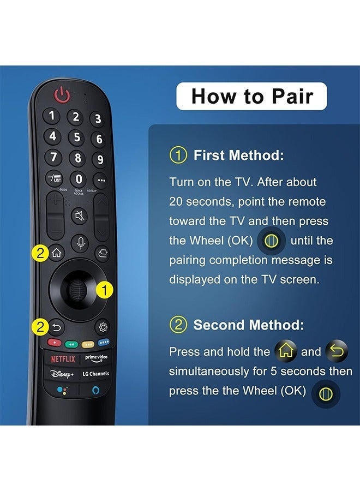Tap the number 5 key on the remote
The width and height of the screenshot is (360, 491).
pyautogui.click(x=76, y=137)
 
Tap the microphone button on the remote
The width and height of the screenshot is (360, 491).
pyautogui.click(x=80, y=242)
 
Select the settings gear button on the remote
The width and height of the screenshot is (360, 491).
pyautogui.click(x=102, y=327)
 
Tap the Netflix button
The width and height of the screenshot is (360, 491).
pyautogui.click(x=63, y=359)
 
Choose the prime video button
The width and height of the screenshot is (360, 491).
pyautogui.click(x=96, y=358)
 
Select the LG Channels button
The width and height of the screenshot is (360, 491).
pyautogui.click(x=96, y=374)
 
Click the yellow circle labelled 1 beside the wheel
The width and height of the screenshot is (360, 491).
pyautogui.click(x=105, y=290)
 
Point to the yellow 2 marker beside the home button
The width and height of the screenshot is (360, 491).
pyautogui.click(x=40, y=253)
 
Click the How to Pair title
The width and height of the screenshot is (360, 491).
pyautogui.click(x=252, y=97)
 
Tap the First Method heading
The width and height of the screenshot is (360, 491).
pyautogui.click(x=238, y=155)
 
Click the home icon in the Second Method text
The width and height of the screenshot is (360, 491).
pyautogui.click(x=286, y=352)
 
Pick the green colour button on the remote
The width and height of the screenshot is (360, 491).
pyautogui.click(x=70, y=344)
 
